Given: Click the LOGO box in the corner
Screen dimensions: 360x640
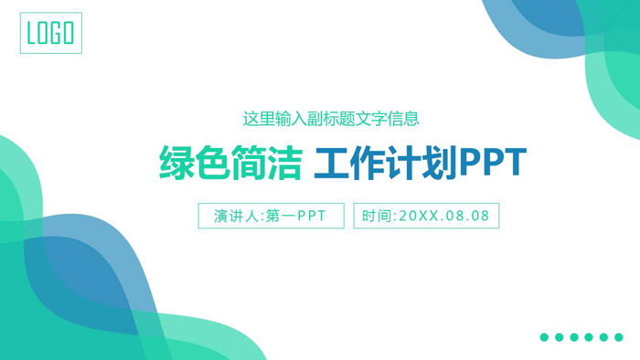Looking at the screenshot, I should (x=50, y=33).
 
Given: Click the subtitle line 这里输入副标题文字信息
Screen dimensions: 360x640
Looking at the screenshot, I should (x=331, y=118).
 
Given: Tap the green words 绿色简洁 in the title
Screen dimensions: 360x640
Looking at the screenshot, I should (x=230, y=164).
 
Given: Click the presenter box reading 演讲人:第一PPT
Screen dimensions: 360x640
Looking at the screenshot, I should (x=271, y=216).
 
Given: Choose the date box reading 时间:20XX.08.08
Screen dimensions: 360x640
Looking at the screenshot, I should (x=426, y=216).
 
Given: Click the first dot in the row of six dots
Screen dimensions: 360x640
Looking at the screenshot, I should (x=544, y=337).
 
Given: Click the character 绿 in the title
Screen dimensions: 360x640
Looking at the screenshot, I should (x=176, y=164).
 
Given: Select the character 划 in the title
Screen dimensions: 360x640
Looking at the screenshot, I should (x=440, y=164).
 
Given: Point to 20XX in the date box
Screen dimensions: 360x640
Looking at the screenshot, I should (x=421, y=217).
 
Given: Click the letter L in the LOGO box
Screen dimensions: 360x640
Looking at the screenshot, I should (x=33, y=34).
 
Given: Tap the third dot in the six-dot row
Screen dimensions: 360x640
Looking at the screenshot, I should (x=573, y=337).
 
